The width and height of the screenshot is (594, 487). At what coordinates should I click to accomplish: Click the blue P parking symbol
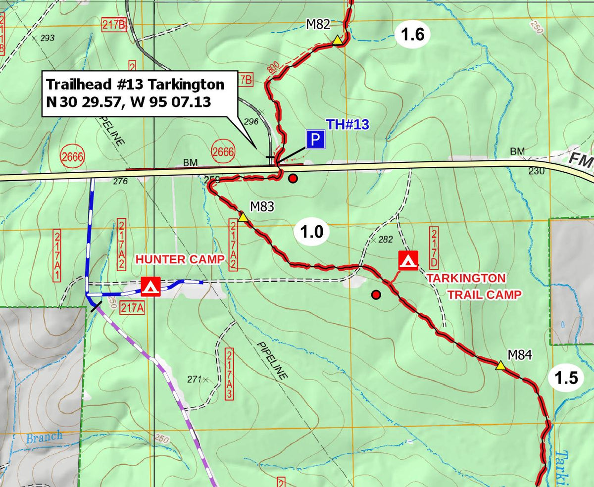click(315, 140)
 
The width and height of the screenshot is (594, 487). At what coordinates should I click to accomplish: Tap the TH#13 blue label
click(347, 125)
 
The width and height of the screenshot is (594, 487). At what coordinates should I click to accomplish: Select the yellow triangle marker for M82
click(337, 40)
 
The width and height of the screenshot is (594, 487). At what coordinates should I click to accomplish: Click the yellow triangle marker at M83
click(243, 217)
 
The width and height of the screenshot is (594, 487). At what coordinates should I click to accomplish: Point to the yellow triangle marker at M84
click(500, 366)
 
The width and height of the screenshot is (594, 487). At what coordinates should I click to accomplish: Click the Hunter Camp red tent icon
click(150, 287)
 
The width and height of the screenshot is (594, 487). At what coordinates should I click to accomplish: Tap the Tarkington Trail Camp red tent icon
click(408, 260)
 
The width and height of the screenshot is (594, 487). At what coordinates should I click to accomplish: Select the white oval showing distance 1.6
click(412, 35)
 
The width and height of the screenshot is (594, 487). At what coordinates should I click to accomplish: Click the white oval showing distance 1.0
click(312, 233)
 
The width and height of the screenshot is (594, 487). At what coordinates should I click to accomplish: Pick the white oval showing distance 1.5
click(566, 379)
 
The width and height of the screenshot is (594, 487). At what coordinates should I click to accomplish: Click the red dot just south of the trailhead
click(293, 179)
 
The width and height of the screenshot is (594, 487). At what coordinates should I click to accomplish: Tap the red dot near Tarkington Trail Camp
click(376, 295)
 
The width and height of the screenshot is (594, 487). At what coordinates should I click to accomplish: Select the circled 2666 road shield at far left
click(72, 157)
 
